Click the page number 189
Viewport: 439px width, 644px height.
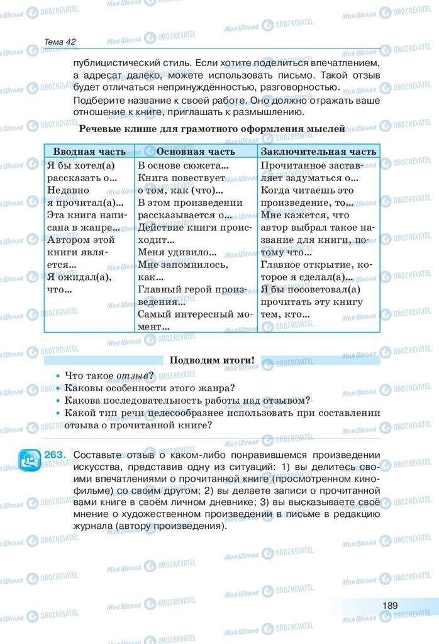pyautogui.click(x=390, y=605)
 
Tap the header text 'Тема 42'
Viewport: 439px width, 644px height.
pyautogui.click(x=60, y=42)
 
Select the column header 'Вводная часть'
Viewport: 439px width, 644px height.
pyautogui.click(x=89, y=152)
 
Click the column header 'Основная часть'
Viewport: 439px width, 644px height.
pyautogui.click(x=196, y=152)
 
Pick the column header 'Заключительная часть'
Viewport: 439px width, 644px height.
pyautogui.click(x=318, y=152)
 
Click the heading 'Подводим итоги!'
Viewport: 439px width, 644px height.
pyautogui.click(x=213, y=360)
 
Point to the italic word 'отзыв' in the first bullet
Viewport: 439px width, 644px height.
pyautogui.click(x=132, y=375)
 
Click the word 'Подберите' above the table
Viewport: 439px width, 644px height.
pyautogui.click(x=97, y=101)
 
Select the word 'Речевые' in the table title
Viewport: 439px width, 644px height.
pyautogui.click(x=101, y=129)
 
